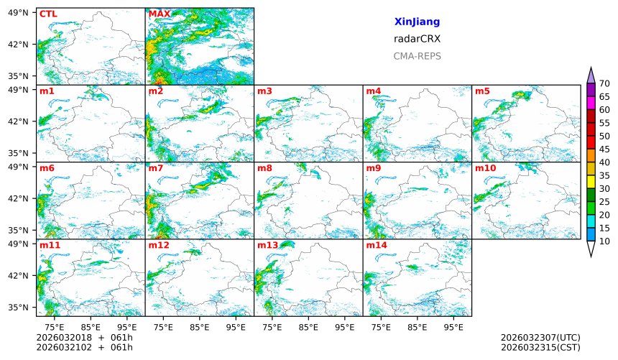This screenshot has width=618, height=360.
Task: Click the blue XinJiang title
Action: click(x=417, y=22)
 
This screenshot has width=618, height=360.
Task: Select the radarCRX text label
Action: click(x=417, y=39)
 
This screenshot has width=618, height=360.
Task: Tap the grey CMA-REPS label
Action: click(x=417, y=56)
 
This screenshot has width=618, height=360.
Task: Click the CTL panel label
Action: click(x=48, y=14)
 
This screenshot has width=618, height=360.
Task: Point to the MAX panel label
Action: click(x=160, y=14)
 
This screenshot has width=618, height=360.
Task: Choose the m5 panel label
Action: click(x=482, y=91)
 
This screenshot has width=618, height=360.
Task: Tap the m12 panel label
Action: click(x=159, y=246)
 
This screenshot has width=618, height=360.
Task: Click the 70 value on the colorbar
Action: click(x=604, y=83)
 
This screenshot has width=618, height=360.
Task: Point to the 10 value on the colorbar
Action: click(x=604, y=241)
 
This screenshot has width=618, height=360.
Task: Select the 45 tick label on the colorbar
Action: click(x=604, y=149)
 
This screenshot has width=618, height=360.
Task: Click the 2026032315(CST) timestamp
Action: click(x=540, y=348)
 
